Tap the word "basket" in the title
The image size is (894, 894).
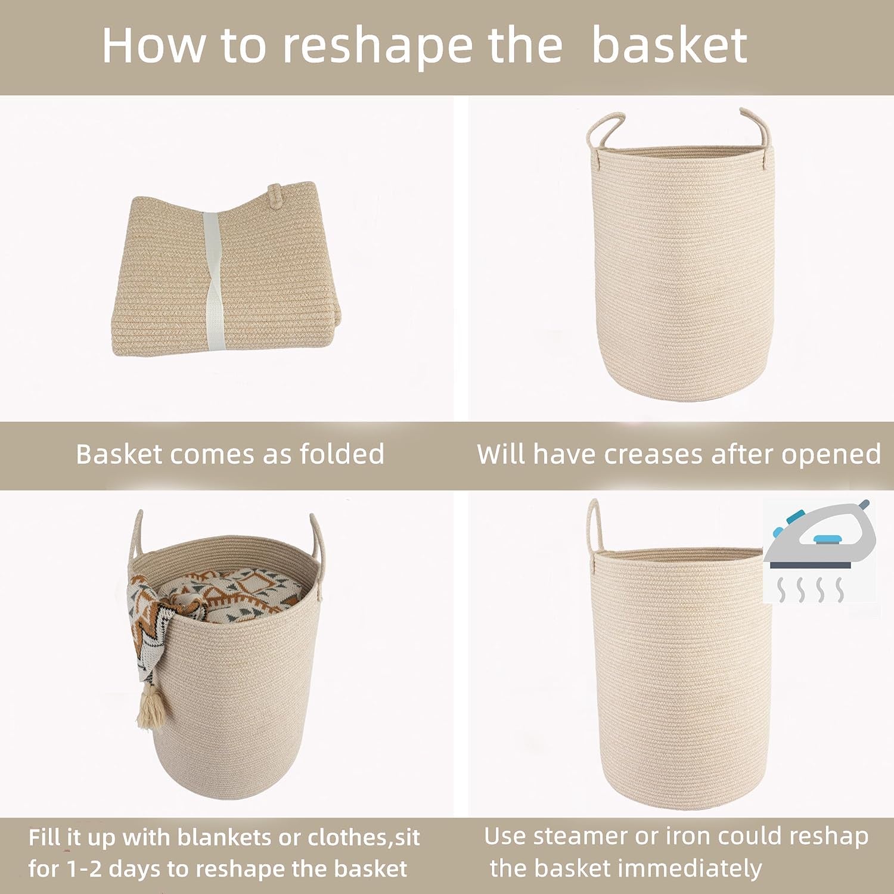[x=669, y=46]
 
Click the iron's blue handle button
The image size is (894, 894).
[x=824, y=540]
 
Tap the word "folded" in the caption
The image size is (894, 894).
[x=342, y=454]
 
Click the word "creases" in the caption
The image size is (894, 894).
[x=654, y=454]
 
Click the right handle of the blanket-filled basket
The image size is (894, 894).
[x=316, y=539]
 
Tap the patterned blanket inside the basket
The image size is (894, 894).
[x=226, y=590]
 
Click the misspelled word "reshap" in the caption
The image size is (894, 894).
[x=829, y=836]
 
